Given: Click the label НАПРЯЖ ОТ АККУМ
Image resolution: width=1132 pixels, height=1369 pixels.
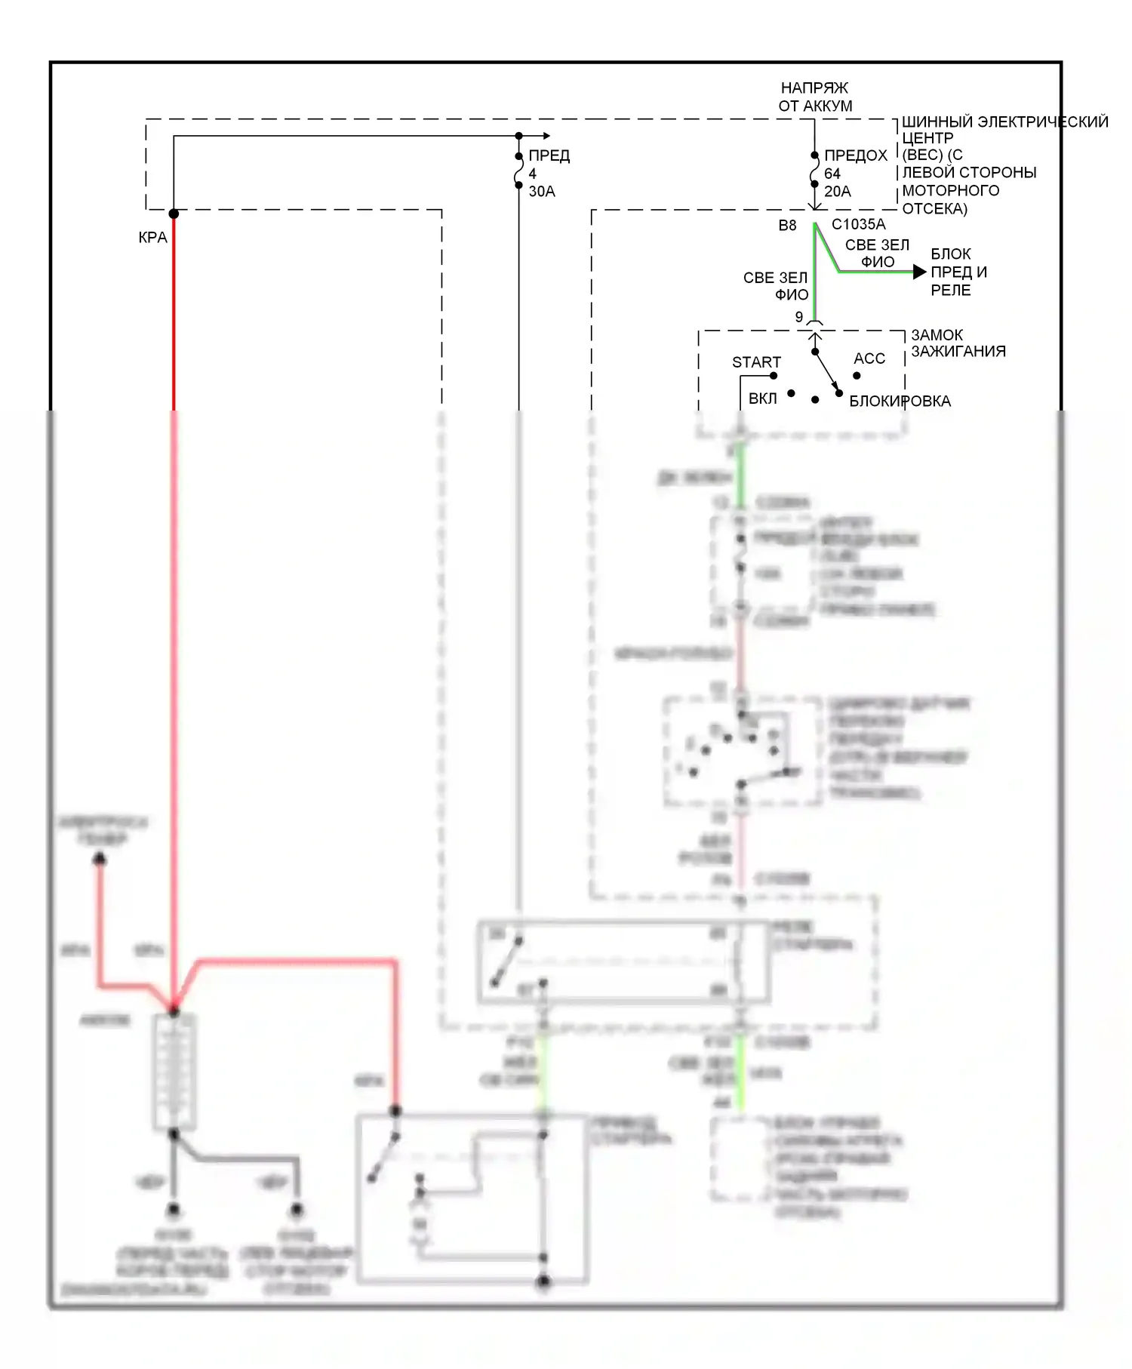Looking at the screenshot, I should coord(815,97).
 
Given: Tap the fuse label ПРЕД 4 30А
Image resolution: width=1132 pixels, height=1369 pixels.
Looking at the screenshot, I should coord(548,174).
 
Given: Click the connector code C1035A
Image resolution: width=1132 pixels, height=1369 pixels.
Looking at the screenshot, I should coord(858,224).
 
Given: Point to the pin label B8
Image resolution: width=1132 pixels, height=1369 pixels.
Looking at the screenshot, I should coord(787,225).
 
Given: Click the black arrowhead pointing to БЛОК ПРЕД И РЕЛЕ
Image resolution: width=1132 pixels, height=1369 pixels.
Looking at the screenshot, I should coord(919,272).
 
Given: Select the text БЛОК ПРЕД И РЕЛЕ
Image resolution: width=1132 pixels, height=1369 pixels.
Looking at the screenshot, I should coord(958,272).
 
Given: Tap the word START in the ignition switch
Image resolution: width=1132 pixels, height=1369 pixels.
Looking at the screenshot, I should coord(755,362).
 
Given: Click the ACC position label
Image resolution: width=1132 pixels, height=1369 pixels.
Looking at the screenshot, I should coord(869,358).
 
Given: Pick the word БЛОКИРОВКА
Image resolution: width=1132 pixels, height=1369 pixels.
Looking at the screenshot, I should coord(900,401).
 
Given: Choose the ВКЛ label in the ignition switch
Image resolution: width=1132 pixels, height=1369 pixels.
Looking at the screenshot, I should coord(762,398).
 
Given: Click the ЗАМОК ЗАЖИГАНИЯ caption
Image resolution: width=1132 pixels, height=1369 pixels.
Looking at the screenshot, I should coord(958,343).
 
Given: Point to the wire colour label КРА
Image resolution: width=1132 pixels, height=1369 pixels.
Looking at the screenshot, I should coord(152,238).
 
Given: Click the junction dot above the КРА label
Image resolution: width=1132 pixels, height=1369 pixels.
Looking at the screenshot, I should coord(174,214).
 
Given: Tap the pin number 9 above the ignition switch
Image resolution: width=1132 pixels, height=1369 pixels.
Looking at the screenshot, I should coord(799,318).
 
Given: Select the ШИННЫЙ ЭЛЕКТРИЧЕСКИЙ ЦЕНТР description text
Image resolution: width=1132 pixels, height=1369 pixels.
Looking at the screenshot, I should coord(1004,165).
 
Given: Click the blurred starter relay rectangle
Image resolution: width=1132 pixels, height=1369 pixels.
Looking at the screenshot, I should coord(623,961).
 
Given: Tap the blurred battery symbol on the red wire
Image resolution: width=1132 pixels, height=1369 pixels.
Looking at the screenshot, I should coord(174,1072).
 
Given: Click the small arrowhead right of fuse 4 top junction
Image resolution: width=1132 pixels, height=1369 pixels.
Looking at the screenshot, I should coord(546,137).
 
